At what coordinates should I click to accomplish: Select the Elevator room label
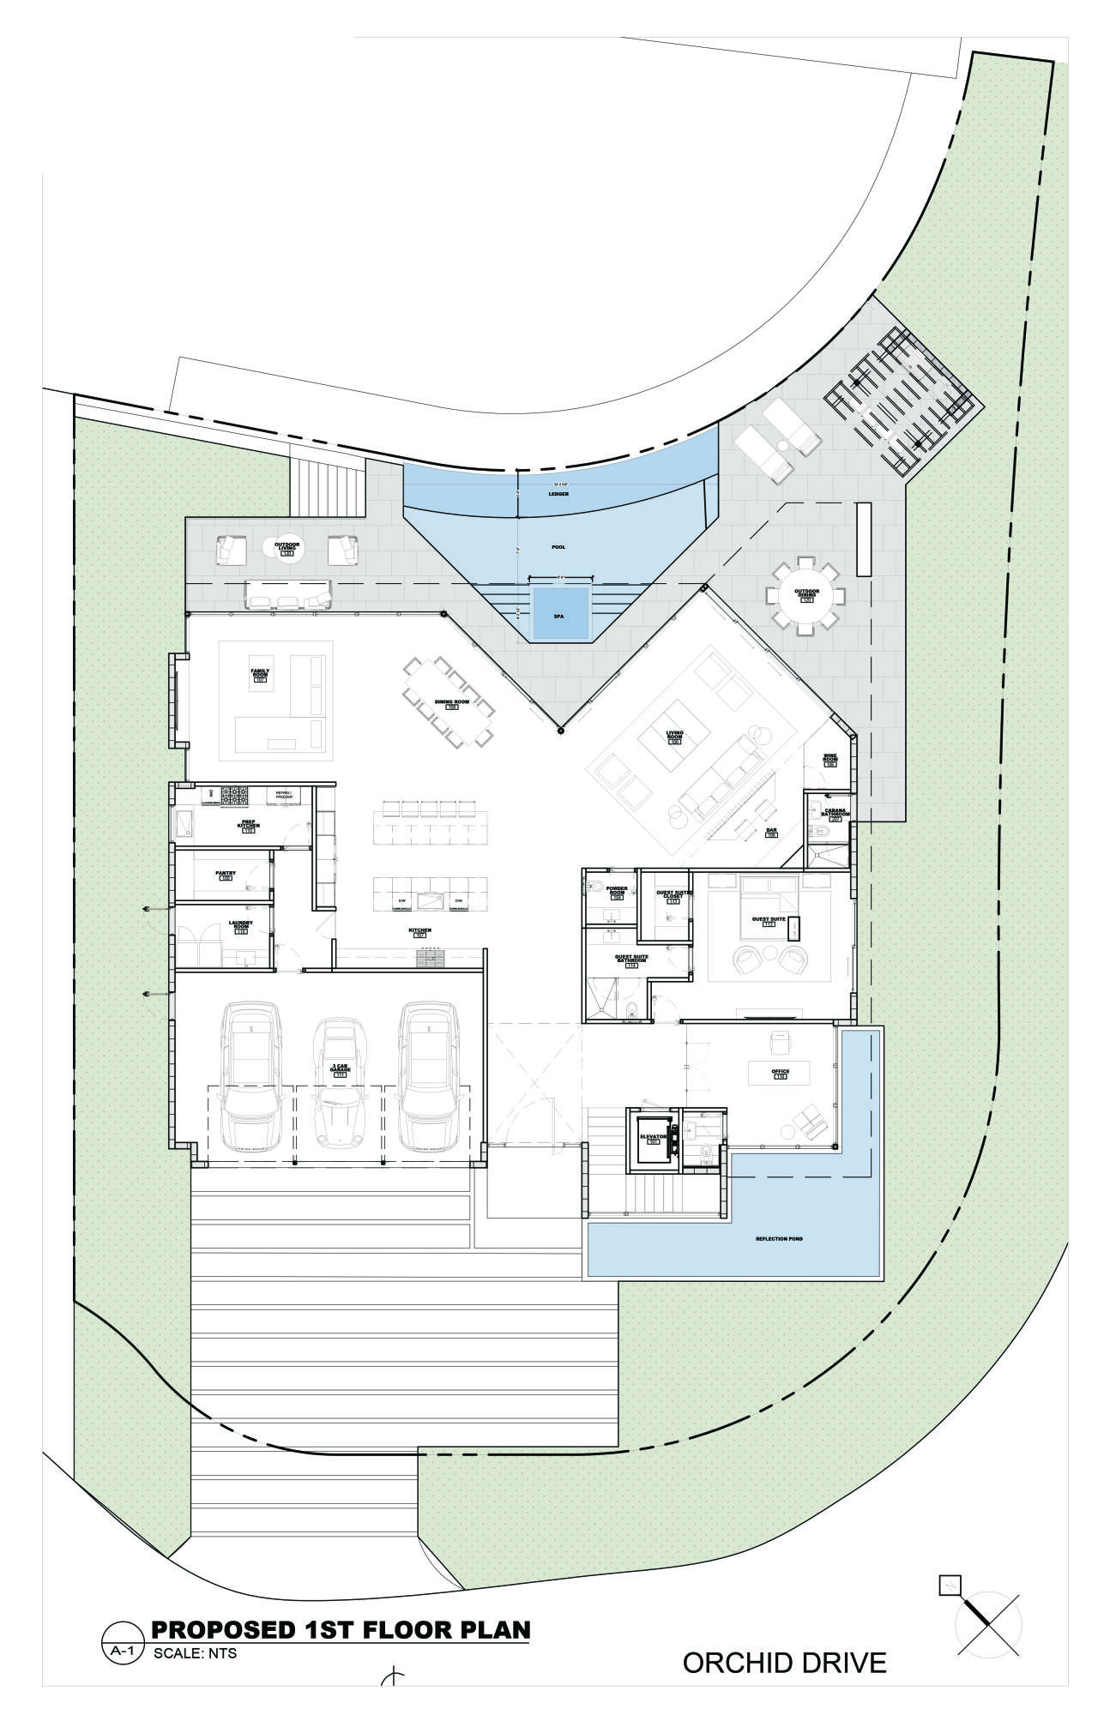tap(653, 1138)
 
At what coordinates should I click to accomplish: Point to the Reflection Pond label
tap(779, 1239)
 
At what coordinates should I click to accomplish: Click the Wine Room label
tap(829, 759)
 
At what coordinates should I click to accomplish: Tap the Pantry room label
tap(226, 875)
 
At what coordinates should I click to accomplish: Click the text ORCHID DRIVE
tap(784, 1663)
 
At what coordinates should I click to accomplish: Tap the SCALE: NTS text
tap(194, 1654)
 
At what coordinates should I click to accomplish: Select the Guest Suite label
tap(768, 921)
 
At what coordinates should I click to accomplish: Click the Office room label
tap(780, 1074)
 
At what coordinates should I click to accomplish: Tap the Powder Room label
tap(617, 891)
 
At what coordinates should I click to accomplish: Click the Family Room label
tap(260, 676)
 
